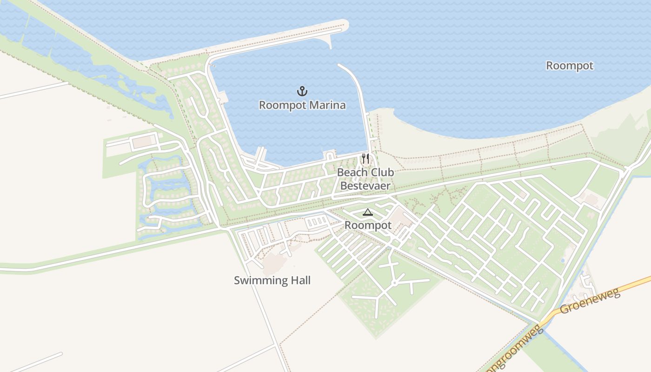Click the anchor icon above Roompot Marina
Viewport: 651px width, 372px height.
tap(302, 91)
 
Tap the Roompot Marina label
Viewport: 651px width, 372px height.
tap(302, 105)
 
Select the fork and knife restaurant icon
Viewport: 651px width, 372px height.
tap(365, 159)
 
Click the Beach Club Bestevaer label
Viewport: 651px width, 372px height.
tap(365, 179)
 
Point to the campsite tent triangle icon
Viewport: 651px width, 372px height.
tap(368, 213)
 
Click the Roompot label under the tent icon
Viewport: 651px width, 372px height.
tap(368, 226)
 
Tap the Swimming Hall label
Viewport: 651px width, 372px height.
tap(272, 280)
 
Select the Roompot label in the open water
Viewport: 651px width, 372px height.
tap(570, 66)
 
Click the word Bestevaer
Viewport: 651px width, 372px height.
tap(365, 186)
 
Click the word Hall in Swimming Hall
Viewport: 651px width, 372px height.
tap(299, 280)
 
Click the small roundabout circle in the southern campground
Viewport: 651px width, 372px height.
tap(394, 282)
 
